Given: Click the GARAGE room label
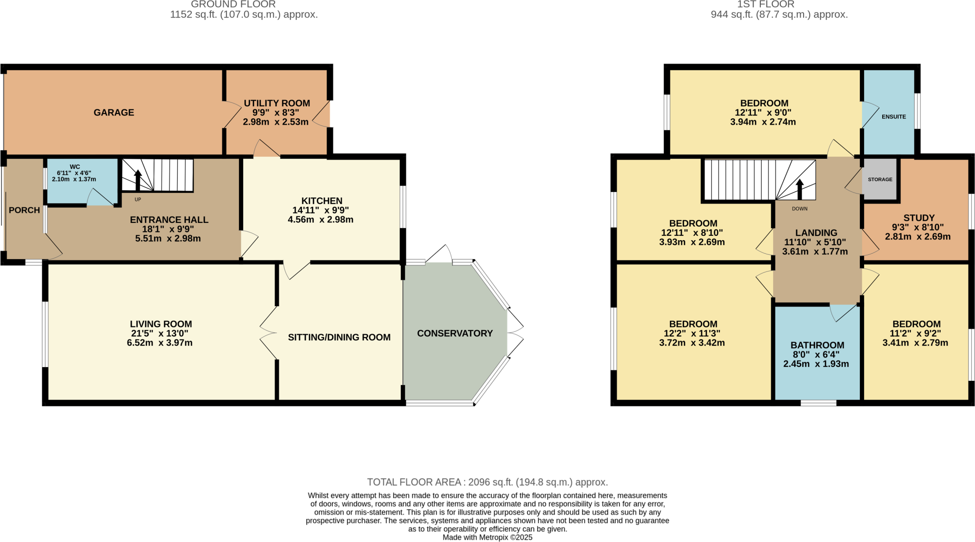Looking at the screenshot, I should (x=114, y=113).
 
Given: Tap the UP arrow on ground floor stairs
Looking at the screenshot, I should (x=138, y=181).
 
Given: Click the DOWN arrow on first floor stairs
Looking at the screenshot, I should (x=800, y=189).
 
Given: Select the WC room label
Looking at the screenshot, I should (x=75, y=167).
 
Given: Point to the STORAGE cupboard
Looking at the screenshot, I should (x=880, y=179).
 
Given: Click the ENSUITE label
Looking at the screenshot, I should (x=894, y=116).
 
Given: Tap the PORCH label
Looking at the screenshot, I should (x=24, y=210).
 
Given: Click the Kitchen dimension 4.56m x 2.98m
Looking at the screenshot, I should (x=320, y=220).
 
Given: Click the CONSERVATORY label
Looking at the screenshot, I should (x=455, y=333).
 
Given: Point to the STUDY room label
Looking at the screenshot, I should (x=919, y=218).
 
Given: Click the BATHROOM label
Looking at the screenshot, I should (x=817, y=345).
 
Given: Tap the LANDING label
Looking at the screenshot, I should (x=816, y=232).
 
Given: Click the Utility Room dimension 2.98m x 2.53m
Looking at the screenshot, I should (x=276, y=122).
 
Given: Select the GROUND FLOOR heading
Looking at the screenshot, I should (x=233, y=4).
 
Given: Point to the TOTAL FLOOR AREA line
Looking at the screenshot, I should (x=487, y=482).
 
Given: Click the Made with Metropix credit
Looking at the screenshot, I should (x=487, y=537).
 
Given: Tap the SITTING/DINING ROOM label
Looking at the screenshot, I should (x=339, y=337).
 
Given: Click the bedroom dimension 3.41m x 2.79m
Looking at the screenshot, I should (x=915, y=343).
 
